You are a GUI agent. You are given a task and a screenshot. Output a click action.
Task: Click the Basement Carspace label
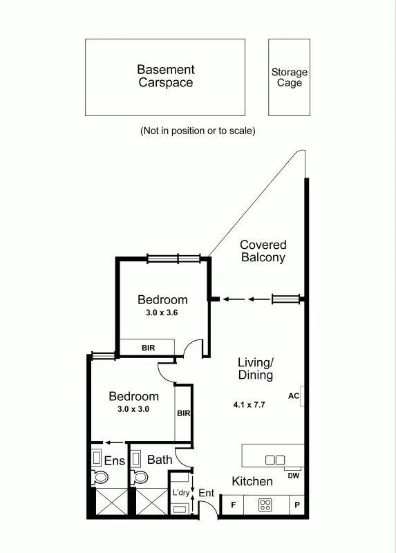pos(165,76)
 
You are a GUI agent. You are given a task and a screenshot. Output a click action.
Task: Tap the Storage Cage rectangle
pos(289,77)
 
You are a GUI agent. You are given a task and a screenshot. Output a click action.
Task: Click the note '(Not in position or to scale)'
pos(198,131)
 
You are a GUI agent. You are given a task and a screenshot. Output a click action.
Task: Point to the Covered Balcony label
pos(263,251)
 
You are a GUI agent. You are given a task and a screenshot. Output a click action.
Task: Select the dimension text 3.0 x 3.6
pos(162,312)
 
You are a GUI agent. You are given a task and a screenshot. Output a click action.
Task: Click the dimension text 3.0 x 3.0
pos(133,409)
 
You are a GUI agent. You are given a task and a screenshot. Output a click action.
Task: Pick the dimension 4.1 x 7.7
pos(249,405)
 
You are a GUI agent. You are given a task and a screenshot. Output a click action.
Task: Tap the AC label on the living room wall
pos(293,396)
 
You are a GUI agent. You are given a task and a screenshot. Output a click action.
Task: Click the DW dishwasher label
pos(293,475)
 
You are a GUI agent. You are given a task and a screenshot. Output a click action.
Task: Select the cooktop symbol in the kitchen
pos(265,505)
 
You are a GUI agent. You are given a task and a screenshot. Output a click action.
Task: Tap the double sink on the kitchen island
pos(274,460)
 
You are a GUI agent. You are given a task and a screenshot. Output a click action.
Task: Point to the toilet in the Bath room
pos(141,476)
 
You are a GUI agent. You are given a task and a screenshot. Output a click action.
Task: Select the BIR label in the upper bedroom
pos(148,348)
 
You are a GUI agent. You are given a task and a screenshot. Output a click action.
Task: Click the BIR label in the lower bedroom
pos(183,413)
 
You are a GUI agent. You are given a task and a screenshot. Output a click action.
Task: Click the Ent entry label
pos(207,493)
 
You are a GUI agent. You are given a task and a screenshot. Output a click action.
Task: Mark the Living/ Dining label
pos(256,368)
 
